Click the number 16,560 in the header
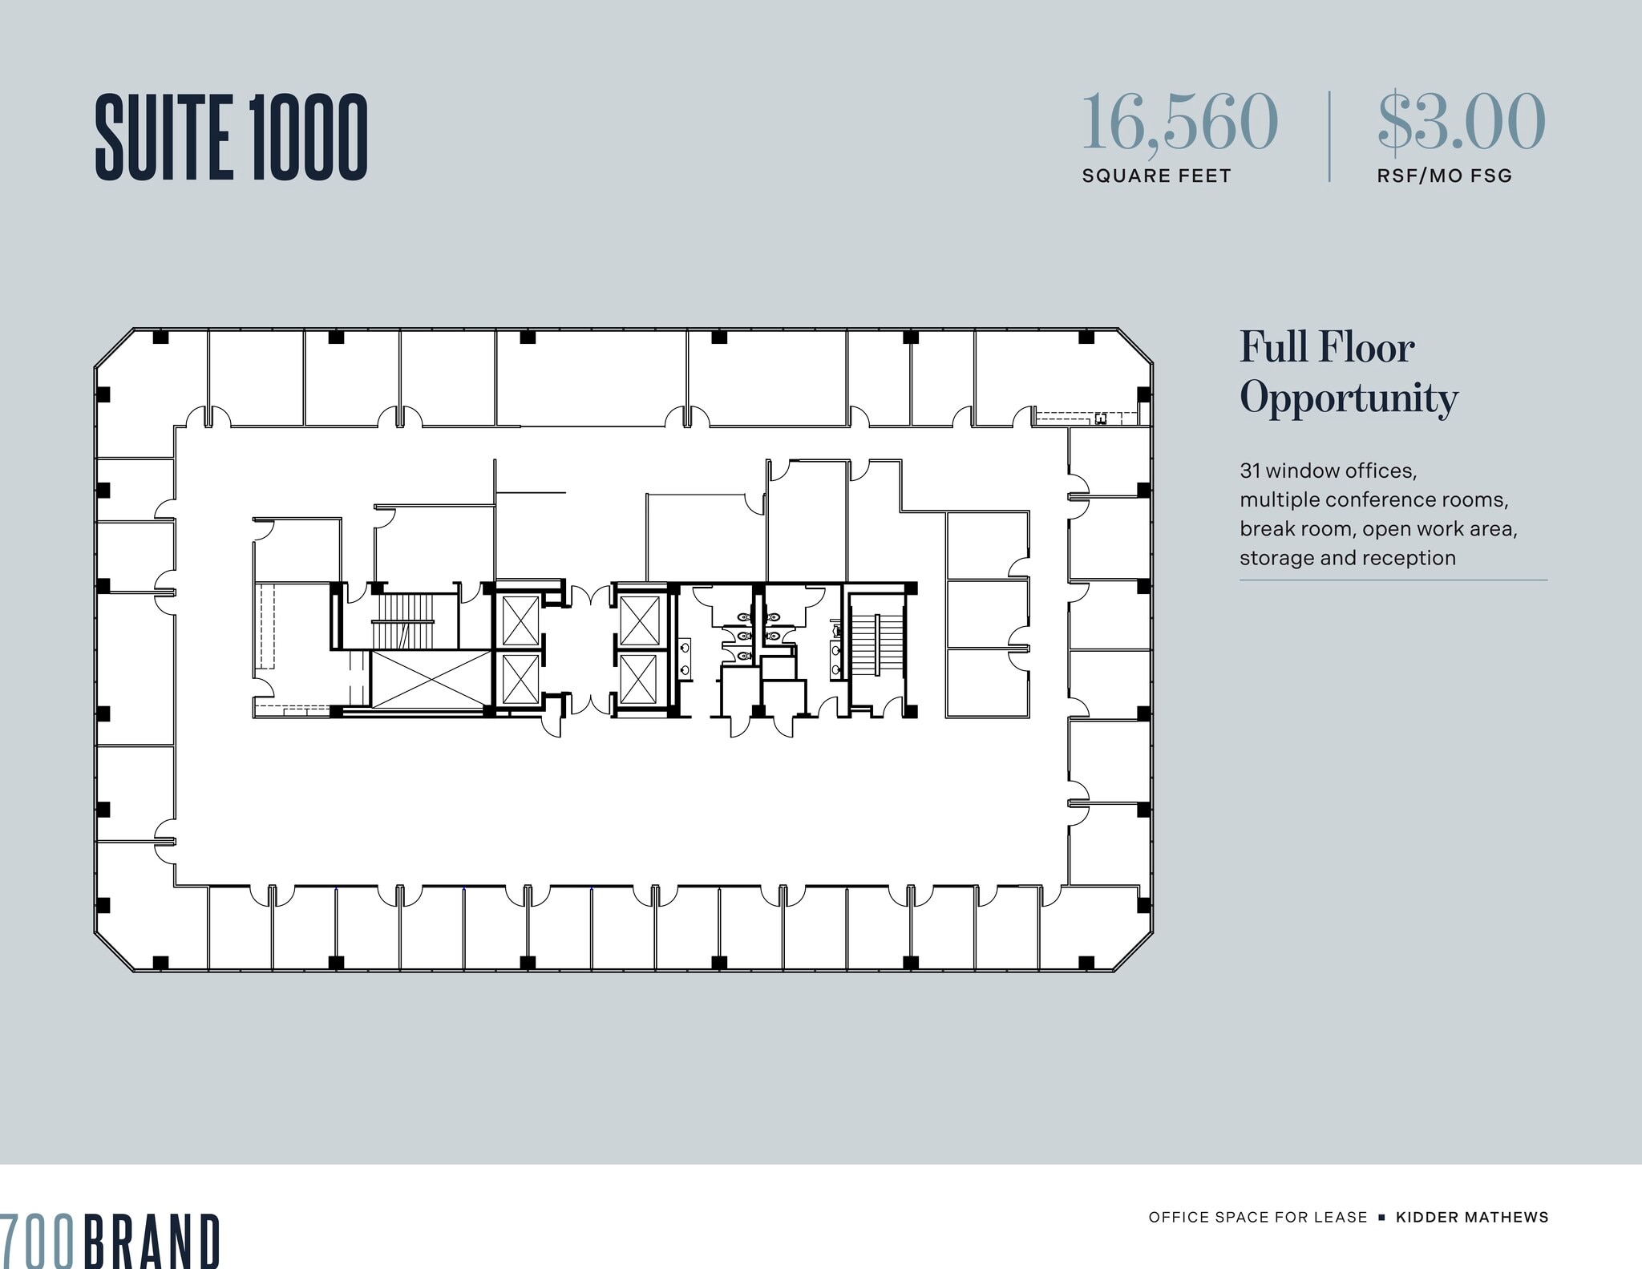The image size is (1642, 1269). coord(1179,123)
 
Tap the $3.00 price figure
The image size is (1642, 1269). coord(1461,123)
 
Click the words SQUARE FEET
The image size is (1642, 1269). coord(1156,176)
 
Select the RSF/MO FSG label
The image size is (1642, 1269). coord(1444,176)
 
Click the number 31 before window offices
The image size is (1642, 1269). coord(1250,471)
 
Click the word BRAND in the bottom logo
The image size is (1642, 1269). coord(152,1240)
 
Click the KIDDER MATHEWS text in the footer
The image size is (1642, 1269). coord(1472,1217)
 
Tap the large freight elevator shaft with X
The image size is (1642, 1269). coord(431,679)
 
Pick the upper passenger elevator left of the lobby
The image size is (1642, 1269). coord(520,620)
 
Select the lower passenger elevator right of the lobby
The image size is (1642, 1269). coord(639,679)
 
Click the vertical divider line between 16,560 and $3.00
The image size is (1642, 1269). coord(1329,136)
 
